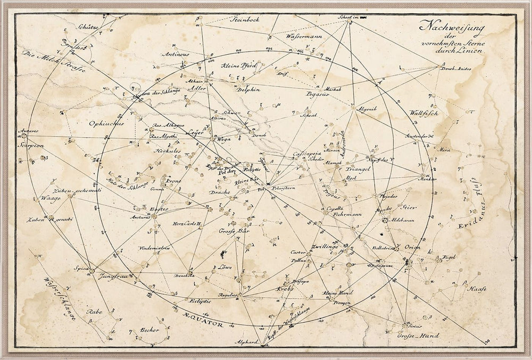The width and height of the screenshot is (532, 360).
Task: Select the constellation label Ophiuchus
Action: (x=106, y=123)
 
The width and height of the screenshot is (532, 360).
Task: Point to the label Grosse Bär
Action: (x=234, y=231)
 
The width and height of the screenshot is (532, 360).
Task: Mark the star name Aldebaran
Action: (x=403, y=219)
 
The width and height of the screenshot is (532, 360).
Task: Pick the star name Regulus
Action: (x=227, y=295)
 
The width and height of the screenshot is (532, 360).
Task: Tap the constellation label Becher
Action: (x=149, y=330)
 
